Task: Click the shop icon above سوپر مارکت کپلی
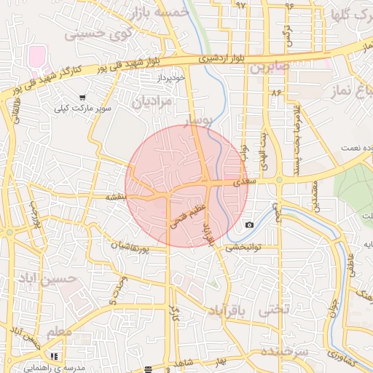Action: (x=82, y=97)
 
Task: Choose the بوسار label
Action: (x=200, y=119)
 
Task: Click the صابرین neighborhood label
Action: (x=270, y=67)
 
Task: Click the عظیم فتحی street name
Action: (x=189, y=216)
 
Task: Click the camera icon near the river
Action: (x=250, y=224)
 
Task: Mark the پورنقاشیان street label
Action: (x=130, y=248)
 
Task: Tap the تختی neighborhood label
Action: (x=275, y=310)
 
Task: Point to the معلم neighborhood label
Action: (x=59, y=333)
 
